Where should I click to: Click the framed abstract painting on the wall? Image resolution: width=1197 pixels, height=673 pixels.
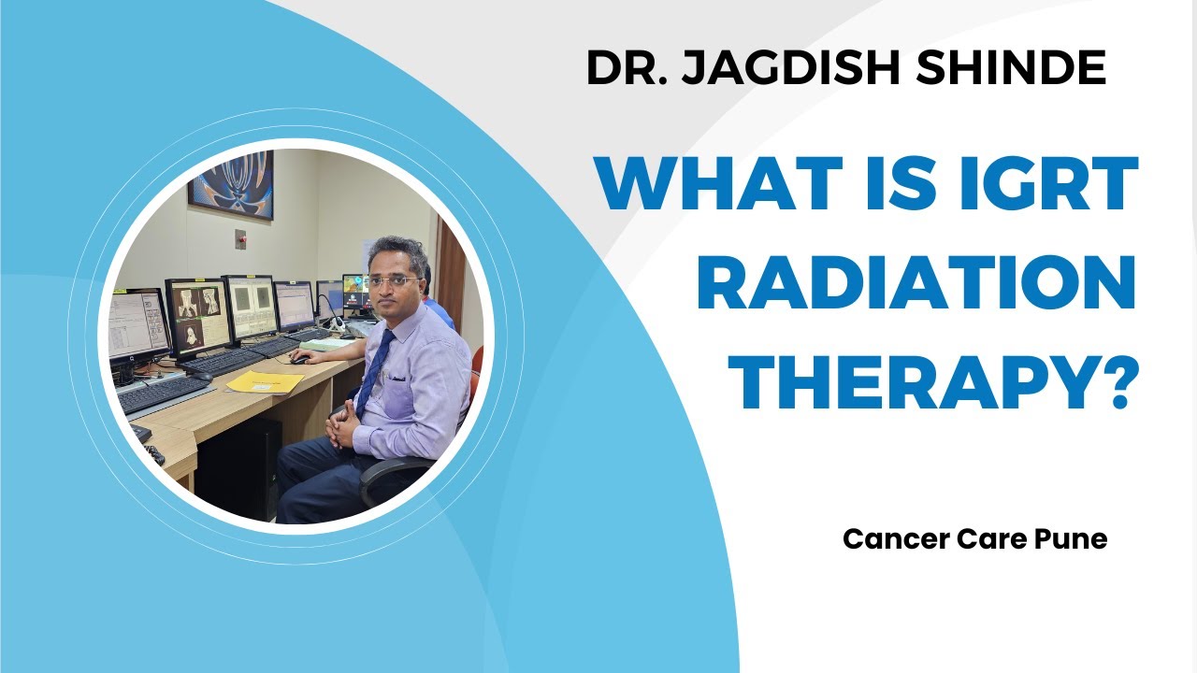[230, 184]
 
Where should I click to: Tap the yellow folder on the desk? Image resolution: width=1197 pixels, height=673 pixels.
[264, 382]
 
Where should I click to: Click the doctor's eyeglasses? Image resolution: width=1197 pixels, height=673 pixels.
[394, 279]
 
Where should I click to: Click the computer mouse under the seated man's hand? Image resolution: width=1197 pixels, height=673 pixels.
[300, 358]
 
